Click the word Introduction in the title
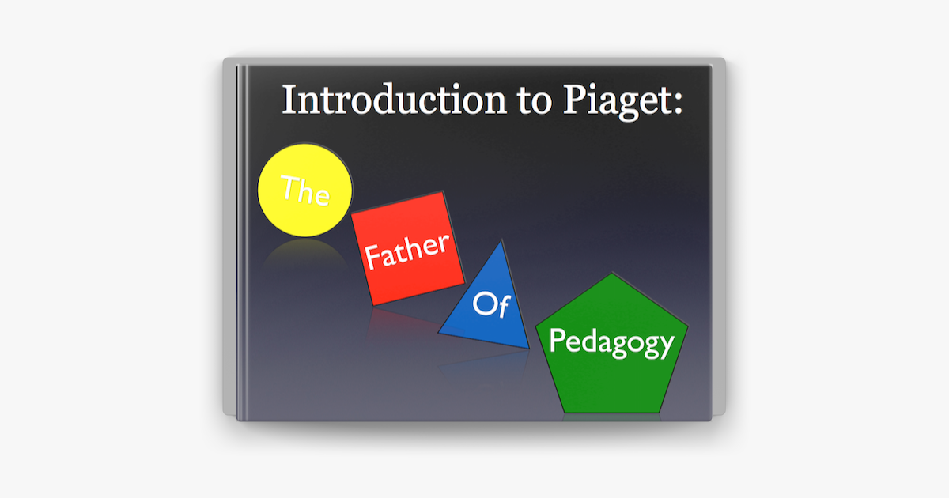(394, 99)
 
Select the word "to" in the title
(535, 102)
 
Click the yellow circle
(304, 190)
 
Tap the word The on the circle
(305, 191)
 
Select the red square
(407, 248)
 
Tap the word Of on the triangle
(491, 304)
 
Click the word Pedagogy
(611, 343)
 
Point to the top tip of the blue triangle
(502, 240)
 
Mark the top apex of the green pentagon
(612, 273)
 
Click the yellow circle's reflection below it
(304, 253)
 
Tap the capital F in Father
(372, 258)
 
